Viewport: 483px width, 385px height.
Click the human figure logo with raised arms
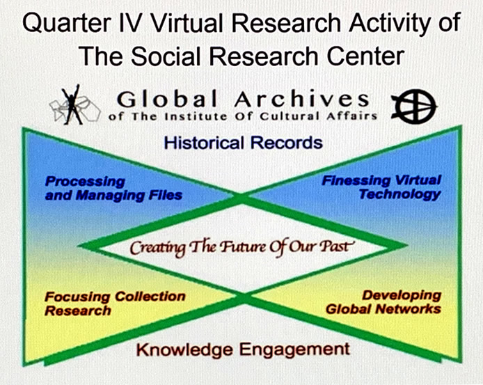click(72, 105)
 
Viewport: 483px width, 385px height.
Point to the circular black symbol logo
click(414, 106)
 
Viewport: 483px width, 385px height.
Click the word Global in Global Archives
click(168, 100)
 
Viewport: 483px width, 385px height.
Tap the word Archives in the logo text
click(301, 99)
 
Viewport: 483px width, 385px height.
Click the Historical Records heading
click(244, 143)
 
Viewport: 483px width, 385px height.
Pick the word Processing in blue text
click(85, 182)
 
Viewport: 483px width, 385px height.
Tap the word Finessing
click(356, 180)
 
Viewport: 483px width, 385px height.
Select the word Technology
click(399, 194)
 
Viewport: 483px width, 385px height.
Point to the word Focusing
click(77, 297)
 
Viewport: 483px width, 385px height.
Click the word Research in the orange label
click(78, 311)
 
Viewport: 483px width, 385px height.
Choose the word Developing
click(402, 296)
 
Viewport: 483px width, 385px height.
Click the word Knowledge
click(184, 349)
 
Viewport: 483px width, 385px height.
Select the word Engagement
click(295, 350)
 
